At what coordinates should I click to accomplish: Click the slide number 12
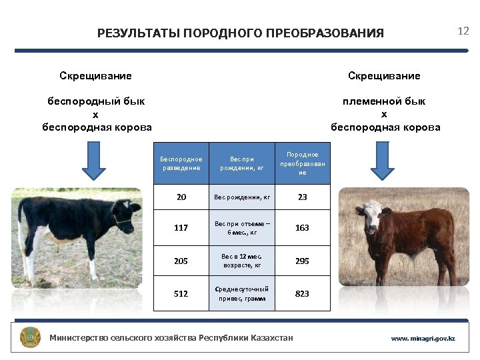coord(463,31)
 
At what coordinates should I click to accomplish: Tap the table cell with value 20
coord(181,197)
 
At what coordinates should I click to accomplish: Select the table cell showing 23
coord(303,197)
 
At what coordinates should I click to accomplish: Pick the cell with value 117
coord(181,227)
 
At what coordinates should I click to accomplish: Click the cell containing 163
coord(303,227)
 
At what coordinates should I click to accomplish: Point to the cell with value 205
coord(181,261)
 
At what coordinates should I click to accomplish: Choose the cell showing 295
coord(303,261)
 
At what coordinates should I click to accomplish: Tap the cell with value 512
coord(181,294)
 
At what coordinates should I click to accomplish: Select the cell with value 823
coord(303,294)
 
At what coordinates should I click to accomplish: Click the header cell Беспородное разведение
coord(181,163)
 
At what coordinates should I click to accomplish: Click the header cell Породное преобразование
coord(303,163)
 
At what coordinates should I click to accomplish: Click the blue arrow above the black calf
coord(94,163)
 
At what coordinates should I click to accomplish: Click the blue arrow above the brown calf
coord(383,163)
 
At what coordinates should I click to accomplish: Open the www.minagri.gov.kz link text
coord(423,339)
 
